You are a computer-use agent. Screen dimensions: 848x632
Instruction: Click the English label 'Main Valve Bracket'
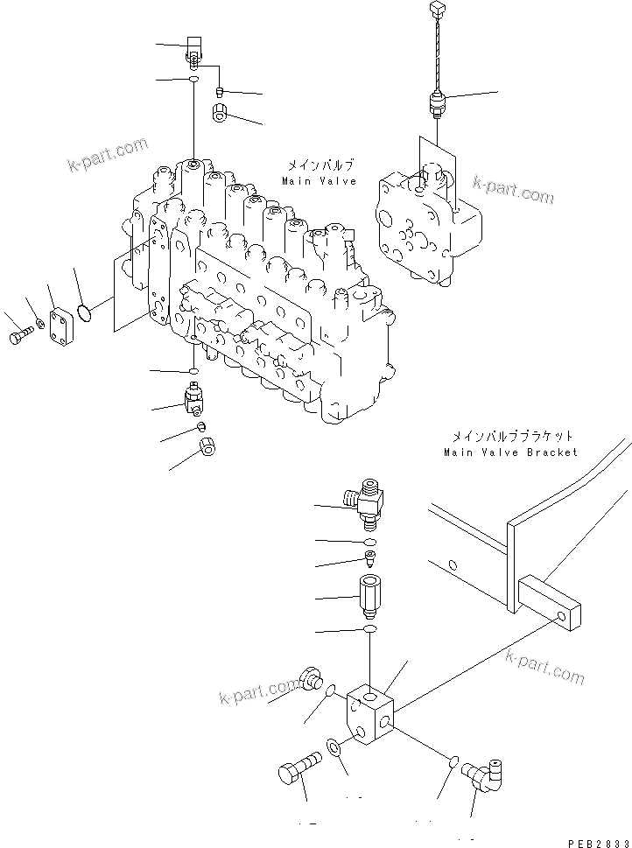pyautogui.click(x=510, y=452)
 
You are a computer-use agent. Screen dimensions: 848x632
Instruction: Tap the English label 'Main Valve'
pyautogui.click(x=319, y=181)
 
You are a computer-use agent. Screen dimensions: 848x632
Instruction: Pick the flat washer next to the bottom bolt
pyautogui.click(x=335, y=747)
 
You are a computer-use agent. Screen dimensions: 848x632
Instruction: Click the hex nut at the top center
pyautogui.click(x=221, y=113)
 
